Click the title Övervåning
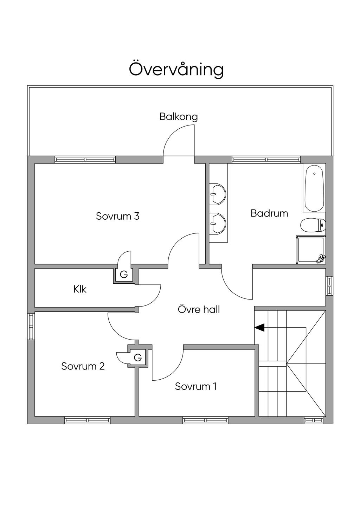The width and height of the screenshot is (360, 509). [x=176, y=69]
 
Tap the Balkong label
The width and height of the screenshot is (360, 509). [x=179, y=117]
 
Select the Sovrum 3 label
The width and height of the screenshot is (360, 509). [x=118, y=216]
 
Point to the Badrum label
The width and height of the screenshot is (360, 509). [x=269, y=213]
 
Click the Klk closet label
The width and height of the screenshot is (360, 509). [x=80, y=289]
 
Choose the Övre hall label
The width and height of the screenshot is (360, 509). [x=199, y=309]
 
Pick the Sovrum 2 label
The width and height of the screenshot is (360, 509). [x=83, y=366]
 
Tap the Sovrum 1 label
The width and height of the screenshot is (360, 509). [x=196, y=386]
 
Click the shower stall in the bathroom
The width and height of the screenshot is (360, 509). [x=311, y=250]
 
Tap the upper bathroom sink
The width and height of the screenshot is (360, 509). [x=218, y=193]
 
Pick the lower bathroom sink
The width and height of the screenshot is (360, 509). [x=218, y=223]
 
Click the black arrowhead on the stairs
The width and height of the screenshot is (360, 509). [x=259, y=328]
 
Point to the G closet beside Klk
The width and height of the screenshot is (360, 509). [x=124, y=275]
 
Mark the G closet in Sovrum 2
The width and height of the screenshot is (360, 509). [x=138, y=357]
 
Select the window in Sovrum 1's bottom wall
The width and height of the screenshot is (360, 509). [x=205, y=420]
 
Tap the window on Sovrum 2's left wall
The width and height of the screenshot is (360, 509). [x=31, y=327]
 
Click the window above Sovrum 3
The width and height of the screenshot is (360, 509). [x=85, y=160]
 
